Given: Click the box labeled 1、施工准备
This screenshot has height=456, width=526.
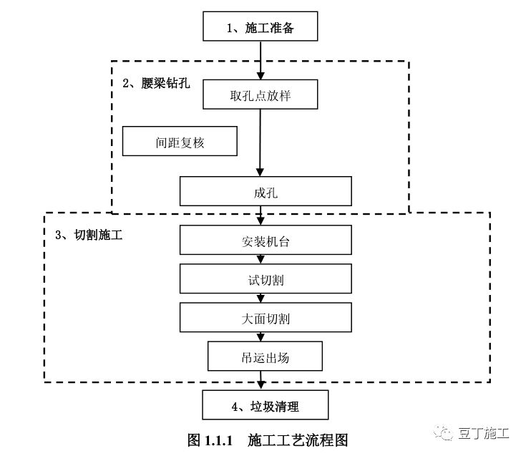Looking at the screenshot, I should [x=260, y=29].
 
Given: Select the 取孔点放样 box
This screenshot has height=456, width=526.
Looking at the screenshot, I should [x=260, y=95].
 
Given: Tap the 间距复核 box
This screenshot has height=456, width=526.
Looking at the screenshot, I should [x=180, y=142].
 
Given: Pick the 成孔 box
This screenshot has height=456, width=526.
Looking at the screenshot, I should [x=265, y=192].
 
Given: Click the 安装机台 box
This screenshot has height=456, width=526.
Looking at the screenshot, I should [x=265, y=241].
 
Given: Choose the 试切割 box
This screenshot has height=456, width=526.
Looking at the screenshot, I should [x=265, y=279].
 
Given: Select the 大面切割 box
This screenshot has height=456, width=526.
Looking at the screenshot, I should [x=265, y=318].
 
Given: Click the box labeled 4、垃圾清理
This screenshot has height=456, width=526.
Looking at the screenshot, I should [x=265, y=406].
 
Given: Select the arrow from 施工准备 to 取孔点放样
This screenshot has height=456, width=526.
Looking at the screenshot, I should [x=260, y=61].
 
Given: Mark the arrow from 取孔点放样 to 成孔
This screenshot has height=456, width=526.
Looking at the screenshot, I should [x=260, y=143].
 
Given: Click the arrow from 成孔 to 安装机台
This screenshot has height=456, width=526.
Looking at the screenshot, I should [x=263, y=215].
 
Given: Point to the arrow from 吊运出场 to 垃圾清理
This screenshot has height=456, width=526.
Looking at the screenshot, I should [x=263, y=381].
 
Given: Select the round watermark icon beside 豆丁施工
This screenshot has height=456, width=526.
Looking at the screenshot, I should [x=447, y=434].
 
